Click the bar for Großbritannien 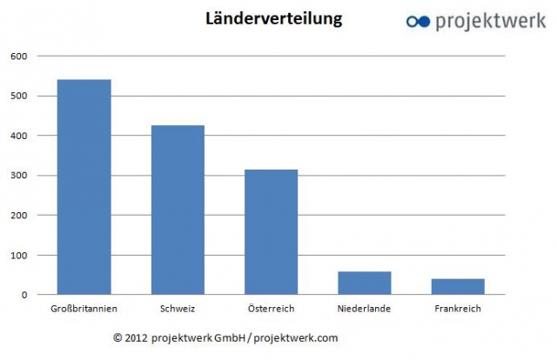click(84, 187)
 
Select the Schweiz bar click(178, 210)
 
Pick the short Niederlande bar click(366, 283)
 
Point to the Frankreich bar click(459, 286)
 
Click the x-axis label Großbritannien click(84, 309)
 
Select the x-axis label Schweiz click(178, 309)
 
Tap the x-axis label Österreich click(272, 309)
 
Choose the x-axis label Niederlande click(366, 309)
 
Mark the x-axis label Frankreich click(459, 309)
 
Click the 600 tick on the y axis click(19, 57)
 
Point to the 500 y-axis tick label click(19, 97)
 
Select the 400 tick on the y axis click(19, 136)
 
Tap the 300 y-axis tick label click(19, 176)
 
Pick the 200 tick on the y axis click(19, 215)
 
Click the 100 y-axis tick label click(19, 255)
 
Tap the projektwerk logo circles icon click(419, 21)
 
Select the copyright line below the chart click(225, 337)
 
